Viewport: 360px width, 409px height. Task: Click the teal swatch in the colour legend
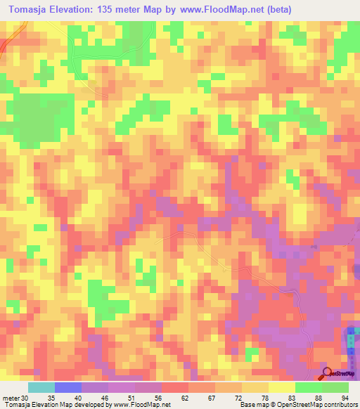click(x=41, y=387)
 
